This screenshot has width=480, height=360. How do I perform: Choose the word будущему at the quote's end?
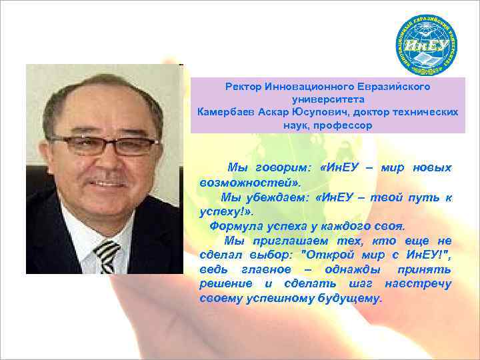tap(351, 299)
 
